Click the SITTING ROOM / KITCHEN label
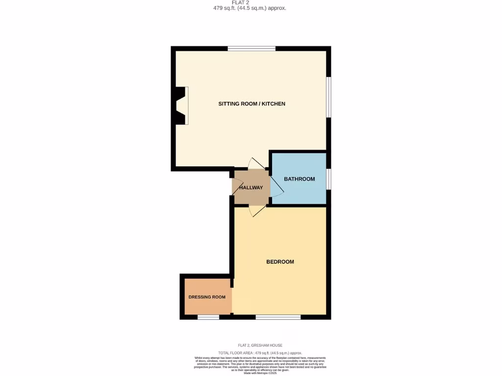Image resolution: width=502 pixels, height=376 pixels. [251, 104]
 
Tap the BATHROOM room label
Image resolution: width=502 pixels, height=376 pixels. [299, 179]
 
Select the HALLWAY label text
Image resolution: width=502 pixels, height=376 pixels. [251, 188]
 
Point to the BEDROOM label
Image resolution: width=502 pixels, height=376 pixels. [280, 262]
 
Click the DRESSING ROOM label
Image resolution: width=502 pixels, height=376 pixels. [207, 297]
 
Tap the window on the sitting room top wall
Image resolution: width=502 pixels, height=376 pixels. [251, 48]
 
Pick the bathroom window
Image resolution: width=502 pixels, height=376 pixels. [329, 179]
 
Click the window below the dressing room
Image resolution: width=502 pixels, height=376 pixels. [208, 317]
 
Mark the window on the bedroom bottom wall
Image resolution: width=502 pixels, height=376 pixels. [278, 317]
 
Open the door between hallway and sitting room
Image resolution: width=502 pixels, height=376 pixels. [257, 164]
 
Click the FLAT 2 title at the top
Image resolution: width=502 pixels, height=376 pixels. [251, 2]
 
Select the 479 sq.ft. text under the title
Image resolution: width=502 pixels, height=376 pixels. [251, 8]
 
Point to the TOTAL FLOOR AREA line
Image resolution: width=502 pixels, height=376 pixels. [260, 353]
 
